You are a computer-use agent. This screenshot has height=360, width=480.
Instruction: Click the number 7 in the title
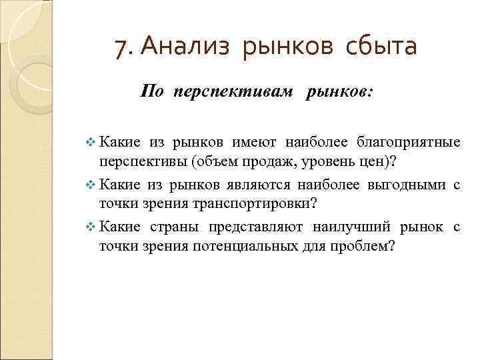(120, 47)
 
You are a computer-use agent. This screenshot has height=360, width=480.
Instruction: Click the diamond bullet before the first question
(91, 142)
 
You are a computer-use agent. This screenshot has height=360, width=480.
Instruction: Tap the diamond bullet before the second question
(91, 185)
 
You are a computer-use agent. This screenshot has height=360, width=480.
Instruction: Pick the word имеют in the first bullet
(256, 141)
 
